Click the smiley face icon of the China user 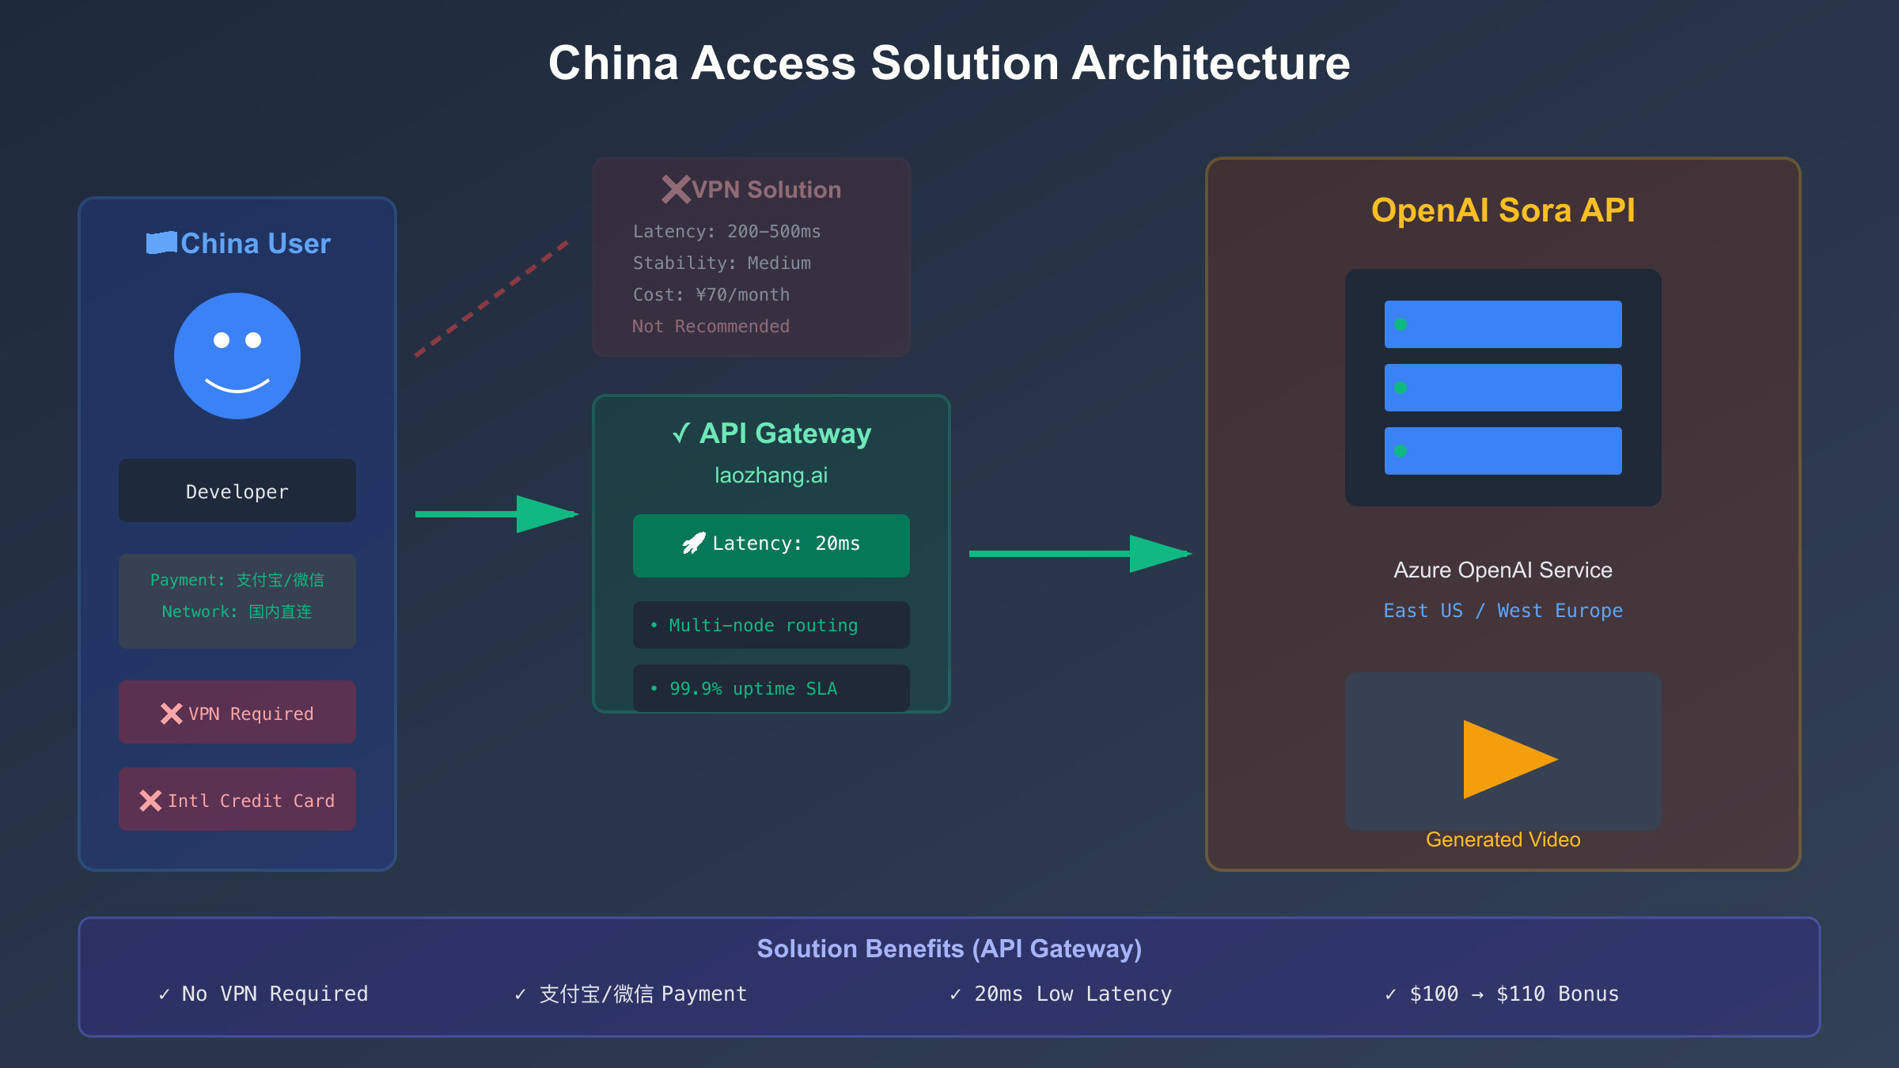[237, 356]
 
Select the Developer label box [237, 491]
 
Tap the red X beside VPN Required [171, 714]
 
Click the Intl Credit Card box [237, 800]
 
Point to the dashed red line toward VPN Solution [491, 299]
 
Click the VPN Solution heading [765, 190]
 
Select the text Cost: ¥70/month [711, 295]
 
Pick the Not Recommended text [711, 327]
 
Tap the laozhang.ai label [771, 475]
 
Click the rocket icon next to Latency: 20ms [694, 543]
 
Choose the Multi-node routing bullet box [771, 625]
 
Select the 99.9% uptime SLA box [771, 688]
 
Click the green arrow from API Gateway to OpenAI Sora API [1079, 554]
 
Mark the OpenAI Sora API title [1503, 210]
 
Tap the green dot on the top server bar [1401, 324]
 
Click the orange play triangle [1503, 759]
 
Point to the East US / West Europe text [1503, 611]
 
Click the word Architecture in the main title [1211, 63]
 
